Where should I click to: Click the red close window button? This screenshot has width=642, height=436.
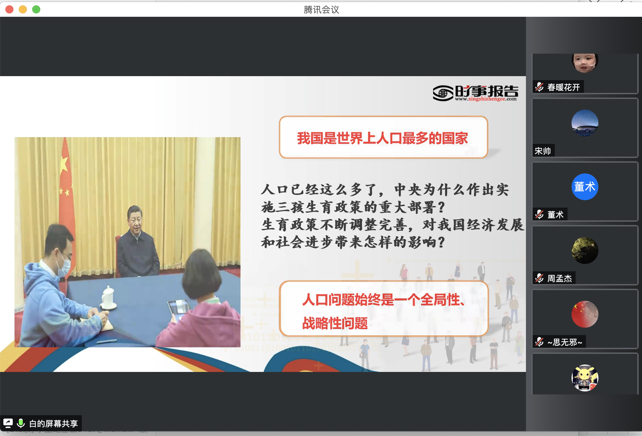(9, 9)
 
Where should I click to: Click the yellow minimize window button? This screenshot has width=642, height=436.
(23, 9)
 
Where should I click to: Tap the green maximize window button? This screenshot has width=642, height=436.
(36, 9)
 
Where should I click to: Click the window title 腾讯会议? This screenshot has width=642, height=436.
(321, 10)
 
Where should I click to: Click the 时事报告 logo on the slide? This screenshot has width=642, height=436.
(475, 93)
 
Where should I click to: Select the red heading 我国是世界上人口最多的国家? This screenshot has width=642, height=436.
(382, 138)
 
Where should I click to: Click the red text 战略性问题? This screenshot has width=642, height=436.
(335, 323)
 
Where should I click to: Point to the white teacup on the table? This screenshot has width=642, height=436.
(108, 297)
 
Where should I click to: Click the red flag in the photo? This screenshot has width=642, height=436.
(66, 188)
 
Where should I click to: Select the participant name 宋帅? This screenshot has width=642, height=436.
(543, 151)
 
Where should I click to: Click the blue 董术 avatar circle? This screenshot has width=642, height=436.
(585, 187)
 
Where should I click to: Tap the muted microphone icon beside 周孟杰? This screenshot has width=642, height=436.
(539, 278)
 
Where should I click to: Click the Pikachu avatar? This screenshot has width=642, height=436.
(585, 378)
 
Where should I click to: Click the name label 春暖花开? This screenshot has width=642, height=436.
(564, 87)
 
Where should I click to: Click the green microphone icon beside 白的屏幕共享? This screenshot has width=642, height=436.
(21, 423)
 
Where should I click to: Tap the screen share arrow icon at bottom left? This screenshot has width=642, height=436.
(8, 423)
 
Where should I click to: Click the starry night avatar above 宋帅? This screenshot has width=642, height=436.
(585, 123)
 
